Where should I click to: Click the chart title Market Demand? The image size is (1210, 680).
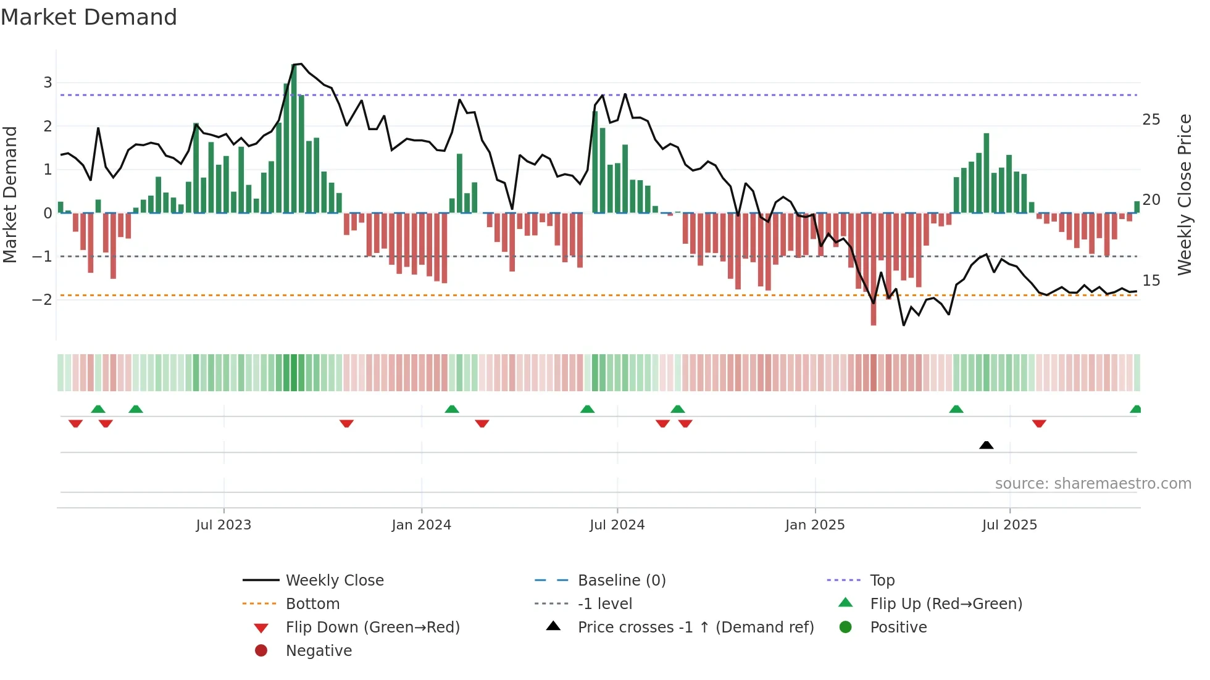pyautogui.click(x=89, y=17)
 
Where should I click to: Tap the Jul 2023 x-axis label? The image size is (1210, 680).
pyautogui.click(x=223, y=525)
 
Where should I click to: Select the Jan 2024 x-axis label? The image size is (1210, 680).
pyautogui.click(x=421, y=525)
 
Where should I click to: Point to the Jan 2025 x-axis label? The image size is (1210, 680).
pyautogui.click(x=814, y=525)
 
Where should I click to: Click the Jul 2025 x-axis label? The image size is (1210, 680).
pyautogui.click(x=1009, y=525)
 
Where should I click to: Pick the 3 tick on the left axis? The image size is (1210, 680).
pyautogui.click(x=48, y=83)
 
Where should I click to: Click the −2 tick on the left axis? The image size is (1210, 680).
pyautogui.click(x=42, y=300)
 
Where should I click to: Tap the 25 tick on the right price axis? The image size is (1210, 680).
pyautogui.click(x=1151, y=120)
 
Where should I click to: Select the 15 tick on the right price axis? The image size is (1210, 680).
pyautogui.click(x=1151, y=281)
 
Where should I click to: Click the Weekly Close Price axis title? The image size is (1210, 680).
pyautogui.click(x=1184, y=194)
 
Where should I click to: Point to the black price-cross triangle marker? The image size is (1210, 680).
pyautogui.click(x=986, y=445)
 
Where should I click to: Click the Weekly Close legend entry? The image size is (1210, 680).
pyautogui.click(x=334, y=581)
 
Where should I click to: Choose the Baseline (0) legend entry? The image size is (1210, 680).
pyautogui.click(x=621, y=581)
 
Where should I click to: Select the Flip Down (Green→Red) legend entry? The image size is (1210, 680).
pyautogui.click(x=372, y=628)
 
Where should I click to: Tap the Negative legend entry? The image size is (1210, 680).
pyautogui.click(x=319, y=651)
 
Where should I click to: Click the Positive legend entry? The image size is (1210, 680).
pyautogui.click(x=898, y=628)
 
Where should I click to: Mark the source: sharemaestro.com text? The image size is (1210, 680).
pyautogui.click(x=1093, y=484)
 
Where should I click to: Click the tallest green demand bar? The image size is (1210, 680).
pyautogui.click(x=294, y=139)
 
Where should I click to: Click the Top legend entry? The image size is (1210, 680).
pyautogui.click(x=882, y=581)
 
